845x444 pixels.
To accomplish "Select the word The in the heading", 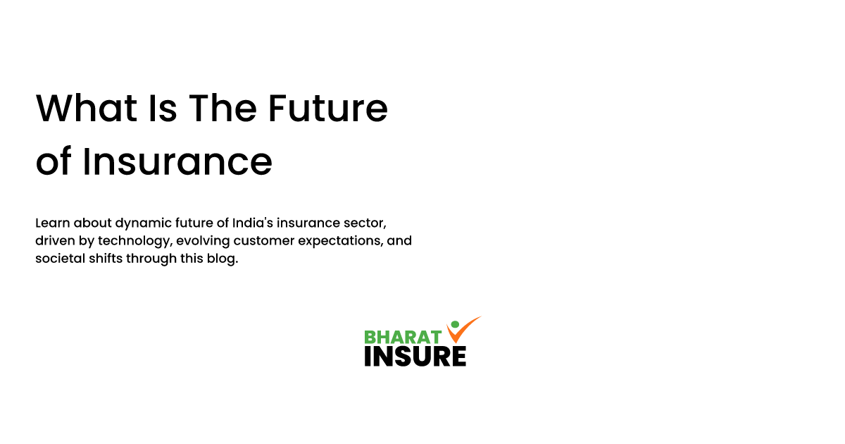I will click(x=223, y=109).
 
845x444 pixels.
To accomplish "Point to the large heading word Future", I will click(x=327, y=109).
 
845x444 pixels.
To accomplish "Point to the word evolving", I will click(x=201, y=241).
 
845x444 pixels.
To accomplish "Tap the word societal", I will click(x=57, y=259).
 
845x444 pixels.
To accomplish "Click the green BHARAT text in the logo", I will click(x=403, y=337).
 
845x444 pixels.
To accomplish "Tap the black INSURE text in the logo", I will click(x=415, y=355).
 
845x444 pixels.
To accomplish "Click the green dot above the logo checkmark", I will click(x=454, y=325).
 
